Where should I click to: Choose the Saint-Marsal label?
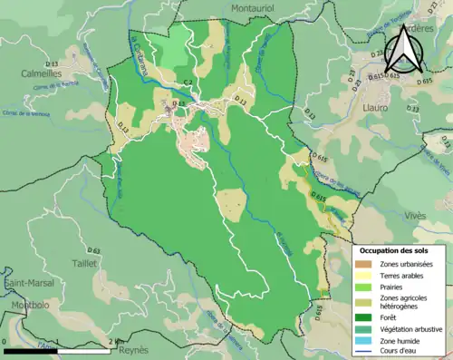pyautogui.click(x=24, y=285)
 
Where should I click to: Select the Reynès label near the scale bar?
pyautogui.click(x=134, y=349)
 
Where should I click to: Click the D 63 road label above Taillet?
pyautogui.click(x=93, y=249)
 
